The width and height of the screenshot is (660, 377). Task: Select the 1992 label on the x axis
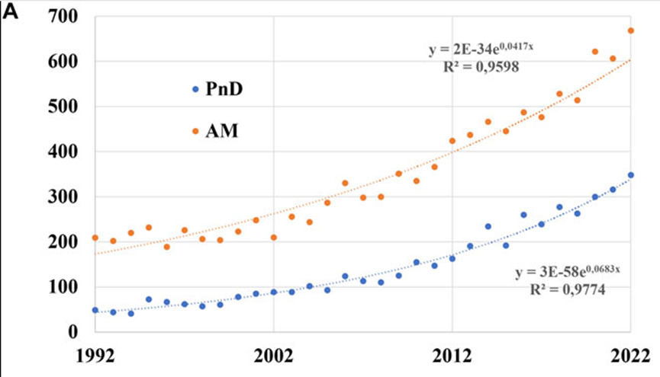point(95,355)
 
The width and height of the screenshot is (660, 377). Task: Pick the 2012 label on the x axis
point(452,355)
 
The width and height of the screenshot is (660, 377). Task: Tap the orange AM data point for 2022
point(631,30)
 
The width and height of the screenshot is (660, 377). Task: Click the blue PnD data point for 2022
point(631,175)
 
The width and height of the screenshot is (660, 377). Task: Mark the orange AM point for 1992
point(95,238)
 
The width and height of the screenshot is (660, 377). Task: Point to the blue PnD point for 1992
point(95,310)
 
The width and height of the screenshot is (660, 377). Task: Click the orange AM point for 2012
point(452,141)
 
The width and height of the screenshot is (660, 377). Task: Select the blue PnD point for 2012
point(452,259)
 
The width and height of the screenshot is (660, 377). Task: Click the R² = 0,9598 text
point(481,67)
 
